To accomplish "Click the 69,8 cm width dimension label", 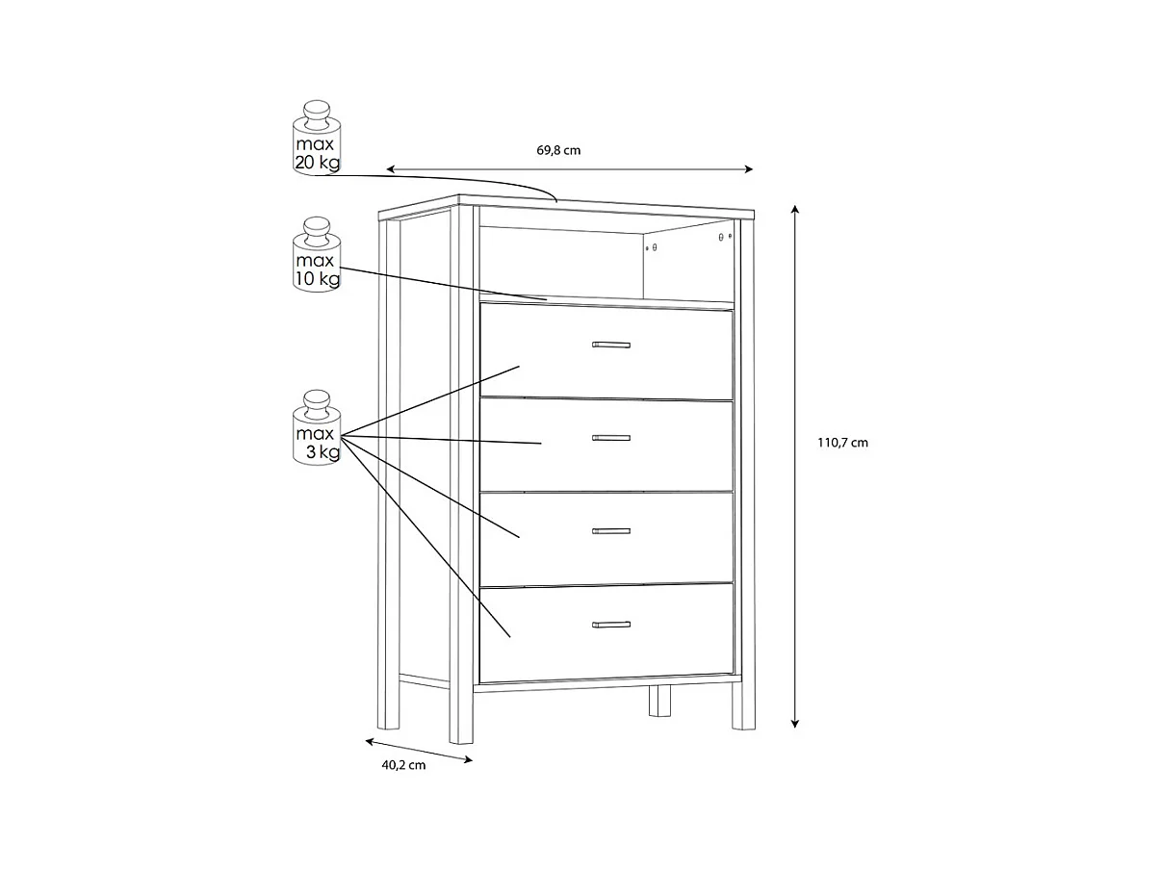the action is [x=558, y=150].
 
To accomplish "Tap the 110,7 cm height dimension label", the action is [x=842, y=443].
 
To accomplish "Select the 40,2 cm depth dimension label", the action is [x=403, y=765].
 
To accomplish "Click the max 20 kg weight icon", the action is [x=317, y=138].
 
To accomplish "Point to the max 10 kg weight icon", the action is [x=317, y=255].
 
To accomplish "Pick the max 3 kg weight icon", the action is [x=317, y=428].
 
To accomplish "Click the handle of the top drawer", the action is [x=610, y=345].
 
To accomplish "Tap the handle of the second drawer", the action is [x=610, y=438].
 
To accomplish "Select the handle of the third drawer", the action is [x=610, y=531].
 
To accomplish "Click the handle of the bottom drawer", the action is [x=610, y=625].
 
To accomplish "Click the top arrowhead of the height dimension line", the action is [x=795, y=208].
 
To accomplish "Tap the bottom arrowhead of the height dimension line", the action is [x=795, y=724].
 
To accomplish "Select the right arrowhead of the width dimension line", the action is [x=750, y=169].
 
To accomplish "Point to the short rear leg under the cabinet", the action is [x=659, y=702].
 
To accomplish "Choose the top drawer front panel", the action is [x=674, y=371].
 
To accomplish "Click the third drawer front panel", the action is [x=674, y=553].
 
